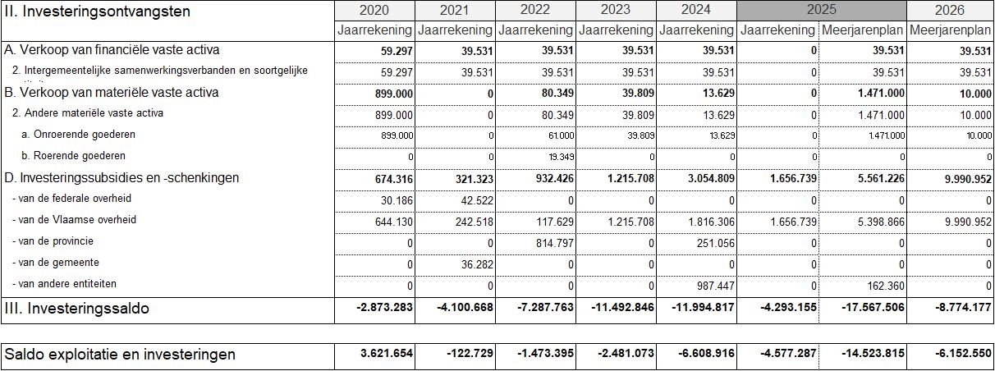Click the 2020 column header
pyautogui.click(x=374, y=11)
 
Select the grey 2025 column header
pyautogui.click(x=822, y=11)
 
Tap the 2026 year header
pyautogui.click(x=950, y=11)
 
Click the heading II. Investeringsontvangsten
pyautogui.click(x=98, y=11)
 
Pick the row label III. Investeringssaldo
pyautogui.click(x=78, y=309)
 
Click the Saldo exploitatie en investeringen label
pyautogui.click(x=120, y=355)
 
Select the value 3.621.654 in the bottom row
pyautogui.click(x=386, y=354)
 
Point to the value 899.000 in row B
pyautogui.click(x=387, y=93)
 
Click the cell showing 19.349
pyautogui.click(x=558, y=156)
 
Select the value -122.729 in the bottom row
pyautogui.click(x=469, y=354)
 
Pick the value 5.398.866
pyautogui.click(x=875, y=221)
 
